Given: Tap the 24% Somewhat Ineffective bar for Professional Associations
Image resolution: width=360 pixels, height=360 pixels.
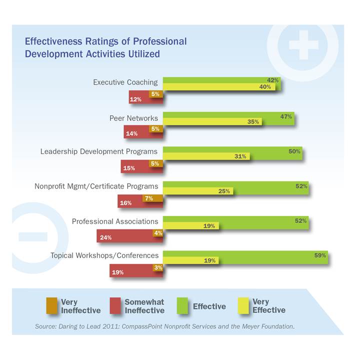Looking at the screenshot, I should pyautogui.click(x=125, y=237).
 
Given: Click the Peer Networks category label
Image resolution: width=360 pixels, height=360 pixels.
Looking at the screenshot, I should pyautogui.click(x=133, y=118).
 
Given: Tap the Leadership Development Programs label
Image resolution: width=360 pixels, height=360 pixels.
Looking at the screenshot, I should pyautogui.click(x=99, y=151).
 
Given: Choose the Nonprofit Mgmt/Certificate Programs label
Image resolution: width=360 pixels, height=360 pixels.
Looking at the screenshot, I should pyautogui.click(x=96, y=186).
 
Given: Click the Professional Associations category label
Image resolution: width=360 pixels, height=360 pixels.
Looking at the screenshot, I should pyautogui.click(x=115, y=221).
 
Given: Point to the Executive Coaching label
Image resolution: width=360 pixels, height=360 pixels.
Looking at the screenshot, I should pyautogui.click(x=125, y=82).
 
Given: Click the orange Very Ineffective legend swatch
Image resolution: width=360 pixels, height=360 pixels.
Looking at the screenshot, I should pyautogui.click(x=51, y=306).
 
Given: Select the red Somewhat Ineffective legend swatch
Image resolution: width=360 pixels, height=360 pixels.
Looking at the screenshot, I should pyautogui.click(x=115, y=306).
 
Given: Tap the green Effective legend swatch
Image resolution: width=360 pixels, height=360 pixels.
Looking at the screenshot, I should pyautogui.click(x=183, y=306).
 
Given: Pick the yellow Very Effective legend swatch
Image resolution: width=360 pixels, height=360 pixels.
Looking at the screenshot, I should pyautogui.click(x=243, y=306).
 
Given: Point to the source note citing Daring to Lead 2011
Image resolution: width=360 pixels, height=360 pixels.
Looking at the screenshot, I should pyautogui.click(x=164, y=326).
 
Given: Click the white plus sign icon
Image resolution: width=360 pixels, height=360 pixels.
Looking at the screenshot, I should pyautogui.click(x=303, y=45).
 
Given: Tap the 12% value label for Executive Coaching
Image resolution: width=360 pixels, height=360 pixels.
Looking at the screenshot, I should pyautogui.click(x=135, y=99).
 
